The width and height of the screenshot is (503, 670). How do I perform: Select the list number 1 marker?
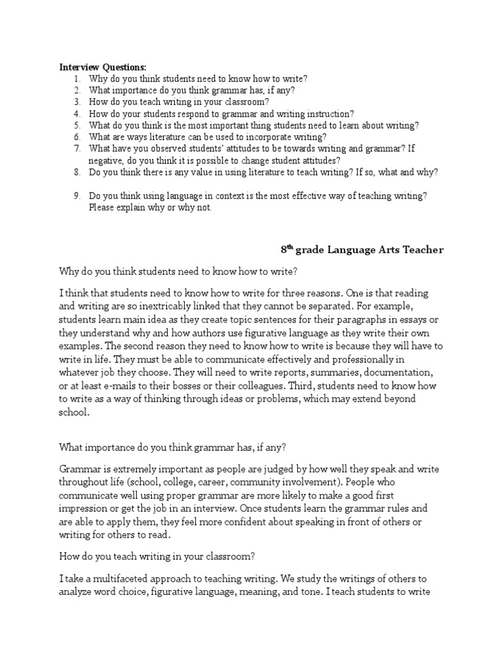click(77, 79)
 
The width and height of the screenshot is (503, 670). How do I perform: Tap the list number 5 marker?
click(77, 125)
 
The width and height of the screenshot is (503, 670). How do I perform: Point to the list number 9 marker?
click(77, 196)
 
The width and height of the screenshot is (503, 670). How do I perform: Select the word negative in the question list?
click(105, 160)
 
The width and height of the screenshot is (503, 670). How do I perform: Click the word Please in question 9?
click(103, 208)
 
